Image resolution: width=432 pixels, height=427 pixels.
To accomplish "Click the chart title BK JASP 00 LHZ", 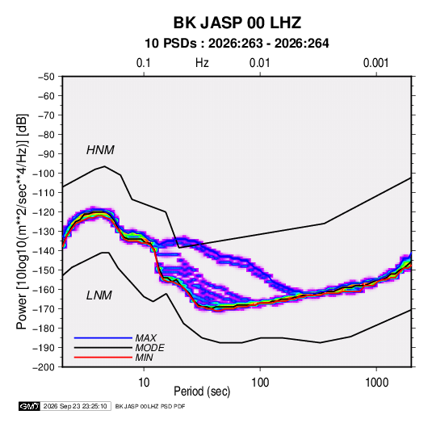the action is tap(237, 23).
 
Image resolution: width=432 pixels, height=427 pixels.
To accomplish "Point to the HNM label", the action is tap(100, 150).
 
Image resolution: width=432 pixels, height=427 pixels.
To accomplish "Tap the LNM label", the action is tap(99, 295).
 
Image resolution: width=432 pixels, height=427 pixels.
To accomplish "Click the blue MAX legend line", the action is tap(103, 337).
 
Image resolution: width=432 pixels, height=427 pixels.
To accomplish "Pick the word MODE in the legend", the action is tap(150, 348).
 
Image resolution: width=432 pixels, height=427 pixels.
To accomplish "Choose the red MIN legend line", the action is tap(103, 358).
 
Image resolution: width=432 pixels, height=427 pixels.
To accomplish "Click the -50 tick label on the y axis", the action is tap(46, 77).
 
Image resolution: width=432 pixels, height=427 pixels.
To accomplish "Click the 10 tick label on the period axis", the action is tap(144, 383).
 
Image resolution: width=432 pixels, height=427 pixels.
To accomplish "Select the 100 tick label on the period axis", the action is tap(260, 383).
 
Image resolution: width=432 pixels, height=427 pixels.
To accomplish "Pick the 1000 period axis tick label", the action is tap(376, 383).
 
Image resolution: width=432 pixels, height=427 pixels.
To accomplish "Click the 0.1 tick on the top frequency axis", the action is tap(144, 63).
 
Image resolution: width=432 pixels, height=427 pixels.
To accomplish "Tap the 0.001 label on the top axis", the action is tap(375, 63).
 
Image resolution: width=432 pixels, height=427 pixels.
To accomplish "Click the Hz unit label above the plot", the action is tap(202, 63).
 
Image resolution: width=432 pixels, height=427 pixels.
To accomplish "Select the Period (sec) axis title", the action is tap(202, 391).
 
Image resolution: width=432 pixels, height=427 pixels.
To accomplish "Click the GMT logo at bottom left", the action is tap(30, 406).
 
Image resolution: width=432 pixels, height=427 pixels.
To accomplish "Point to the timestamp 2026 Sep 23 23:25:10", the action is tap(75, 406).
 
